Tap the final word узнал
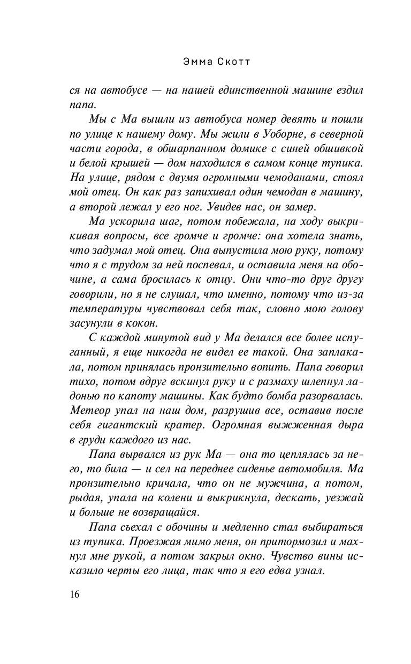(x=308, y=569)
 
